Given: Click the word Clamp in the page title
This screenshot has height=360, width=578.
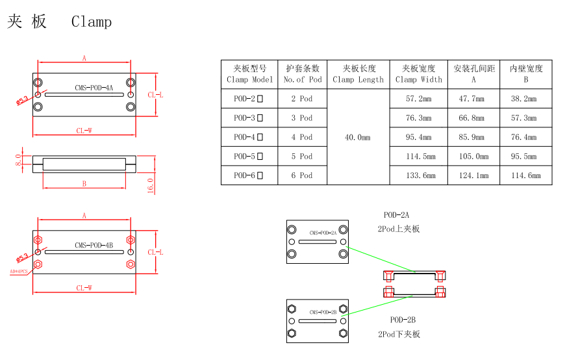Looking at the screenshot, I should [x=92, y=22].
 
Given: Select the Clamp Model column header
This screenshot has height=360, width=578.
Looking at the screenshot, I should [x=249, y=74].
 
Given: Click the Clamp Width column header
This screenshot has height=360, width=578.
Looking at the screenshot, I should [x=418, y=74].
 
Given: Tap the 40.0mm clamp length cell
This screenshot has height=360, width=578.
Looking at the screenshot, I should [x=358, y=137].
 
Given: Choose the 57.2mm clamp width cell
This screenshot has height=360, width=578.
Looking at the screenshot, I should [x=418, y=99].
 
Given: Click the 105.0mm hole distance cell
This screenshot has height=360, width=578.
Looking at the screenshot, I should [x=473, y=157].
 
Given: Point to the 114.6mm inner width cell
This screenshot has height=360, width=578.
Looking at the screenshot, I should [x=525, y=175].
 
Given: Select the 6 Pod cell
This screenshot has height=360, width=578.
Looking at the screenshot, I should [x=302, y=175].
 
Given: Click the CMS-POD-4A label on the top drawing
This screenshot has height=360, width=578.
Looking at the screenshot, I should [x=94, y=88].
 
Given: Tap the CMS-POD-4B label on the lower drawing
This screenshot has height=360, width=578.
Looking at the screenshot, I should [x=94, y=245].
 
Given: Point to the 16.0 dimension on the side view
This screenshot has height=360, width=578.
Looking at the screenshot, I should [x=151, y=185].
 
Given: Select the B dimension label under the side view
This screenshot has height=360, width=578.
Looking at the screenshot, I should [x=84, y=184].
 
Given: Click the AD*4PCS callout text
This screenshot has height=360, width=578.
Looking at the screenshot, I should [x=19, y=272].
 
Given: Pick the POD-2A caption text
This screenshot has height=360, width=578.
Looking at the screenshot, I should [x=396, y=214].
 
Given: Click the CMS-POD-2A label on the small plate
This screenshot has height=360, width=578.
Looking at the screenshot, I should [x=323, y=233].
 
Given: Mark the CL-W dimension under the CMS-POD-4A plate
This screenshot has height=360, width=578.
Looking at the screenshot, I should [x=84, y=131].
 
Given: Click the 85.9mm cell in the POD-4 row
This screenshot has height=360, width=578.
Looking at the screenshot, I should [x=473, y=137].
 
